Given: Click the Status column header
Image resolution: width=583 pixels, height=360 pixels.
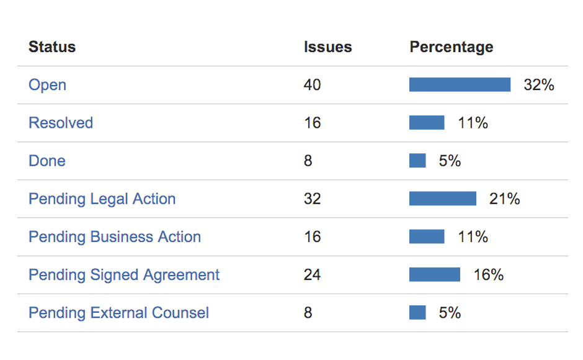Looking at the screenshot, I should point(52,47).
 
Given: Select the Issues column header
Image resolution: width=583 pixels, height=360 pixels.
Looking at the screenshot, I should point(327,47).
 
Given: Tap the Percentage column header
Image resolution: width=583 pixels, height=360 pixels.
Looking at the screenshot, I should point(451,47).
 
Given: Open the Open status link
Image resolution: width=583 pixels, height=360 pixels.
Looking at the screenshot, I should point(47,85).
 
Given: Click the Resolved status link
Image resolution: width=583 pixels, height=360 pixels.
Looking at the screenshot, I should point(61,123).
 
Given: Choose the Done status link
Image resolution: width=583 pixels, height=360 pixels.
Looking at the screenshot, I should point(47,161).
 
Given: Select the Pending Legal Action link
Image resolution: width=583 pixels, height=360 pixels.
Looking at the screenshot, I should point(102,199).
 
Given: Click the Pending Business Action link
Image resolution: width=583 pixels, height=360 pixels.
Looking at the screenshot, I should point(115,236).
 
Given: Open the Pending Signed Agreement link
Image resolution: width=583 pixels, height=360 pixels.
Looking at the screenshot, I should point(124,274).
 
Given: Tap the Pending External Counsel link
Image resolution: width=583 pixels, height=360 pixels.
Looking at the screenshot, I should point(118,312).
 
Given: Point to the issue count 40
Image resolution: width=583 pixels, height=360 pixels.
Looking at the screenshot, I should point(312,85).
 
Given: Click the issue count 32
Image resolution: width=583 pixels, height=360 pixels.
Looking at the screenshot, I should point(312,199).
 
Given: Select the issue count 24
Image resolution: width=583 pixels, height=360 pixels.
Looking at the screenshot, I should point(312,274).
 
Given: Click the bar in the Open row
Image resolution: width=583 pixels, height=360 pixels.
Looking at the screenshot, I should point(460,85).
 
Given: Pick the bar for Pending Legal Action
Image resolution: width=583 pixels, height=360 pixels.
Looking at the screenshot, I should point(443,199).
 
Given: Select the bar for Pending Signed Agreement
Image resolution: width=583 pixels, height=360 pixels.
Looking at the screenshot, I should point(435,274).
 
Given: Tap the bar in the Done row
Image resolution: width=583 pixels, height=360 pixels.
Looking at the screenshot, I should point(417,161).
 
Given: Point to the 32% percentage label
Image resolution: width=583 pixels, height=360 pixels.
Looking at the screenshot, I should point(538,85).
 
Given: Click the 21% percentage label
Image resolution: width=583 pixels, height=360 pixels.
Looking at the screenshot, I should point(504,199).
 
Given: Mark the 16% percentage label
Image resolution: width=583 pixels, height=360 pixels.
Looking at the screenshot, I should point(488,274).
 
